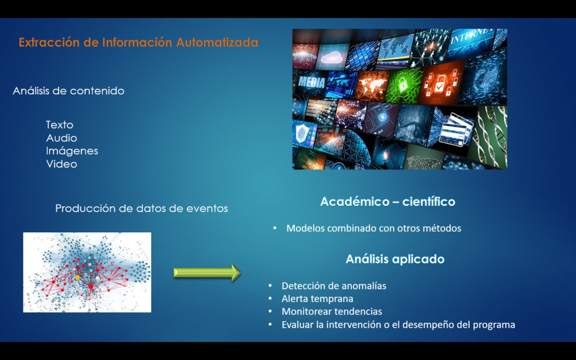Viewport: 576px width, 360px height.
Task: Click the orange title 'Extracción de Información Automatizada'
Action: click(x=138, y=42)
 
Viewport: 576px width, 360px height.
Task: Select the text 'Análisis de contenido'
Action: click(x=68, y=91)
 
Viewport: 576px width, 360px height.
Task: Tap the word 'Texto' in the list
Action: click(x=60, y=125)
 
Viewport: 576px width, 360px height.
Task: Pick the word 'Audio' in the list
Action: click(x=61, y=138)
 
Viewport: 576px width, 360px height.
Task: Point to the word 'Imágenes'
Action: click(x=72, y=151)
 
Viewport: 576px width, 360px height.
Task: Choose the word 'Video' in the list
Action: click(x=61, y=164)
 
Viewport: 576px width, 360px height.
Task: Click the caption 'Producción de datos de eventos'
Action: click(x=141, y=208)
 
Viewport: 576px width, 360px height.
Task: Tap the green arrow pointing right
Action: click(x=207, y=273)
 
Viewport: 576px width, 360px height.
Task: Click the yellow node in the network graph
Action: click(x=78, y=277)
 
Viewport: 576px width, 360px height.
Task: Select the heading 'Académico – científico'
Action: click(x=388, y=202)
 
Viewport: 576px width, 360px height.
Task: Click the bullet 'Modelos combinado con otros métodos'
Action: click(x=373, y=228)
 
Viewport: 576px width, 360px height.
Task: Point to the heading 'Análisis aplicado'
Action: click(x=395, y=259)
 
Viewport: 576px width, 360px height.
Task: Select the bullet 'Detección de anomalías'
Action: click(x=334, y=286)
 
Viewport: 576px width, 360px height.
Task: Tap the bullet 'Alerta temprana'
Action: click(x=317, y=299)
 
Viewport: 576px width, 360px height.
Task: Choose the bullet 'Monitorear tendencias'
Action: click(x=332, y=312)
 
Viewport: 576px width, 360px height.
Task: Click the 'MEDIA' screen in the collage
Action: click(x=310, y=82)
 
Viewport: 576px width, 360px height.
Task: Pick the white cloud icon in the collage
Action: click(x=332, y=57)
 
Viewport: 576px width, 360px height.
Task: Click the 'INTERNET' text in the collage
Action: click(x=472, y=35)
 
